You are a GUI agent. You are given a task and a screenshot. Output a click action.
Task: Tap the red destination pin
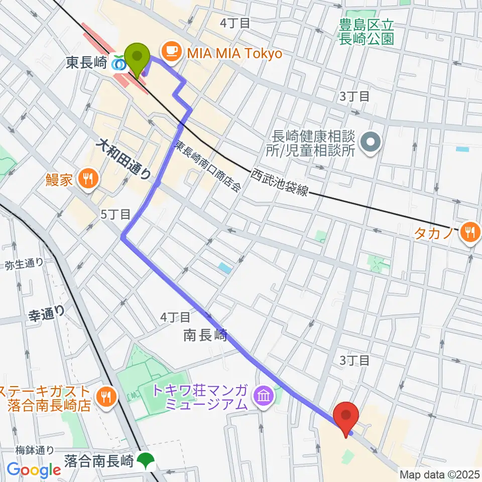tap(346, 415)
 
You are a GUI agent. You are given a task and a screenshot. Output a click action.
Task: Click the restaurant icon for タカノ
tap(469, 231)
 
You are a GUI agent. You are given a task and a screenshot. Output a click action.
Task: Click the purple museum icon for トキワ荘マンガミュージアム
tap(263, 397)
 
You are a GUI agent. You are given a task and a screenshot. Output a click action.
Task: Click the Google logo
tap(34, 470)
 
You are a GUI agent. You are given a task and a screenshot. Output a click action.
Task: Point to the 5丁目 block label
tap(115, 214)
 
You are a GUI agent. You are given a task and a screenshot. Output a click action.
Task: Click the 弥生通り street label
tap(25, 263)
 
